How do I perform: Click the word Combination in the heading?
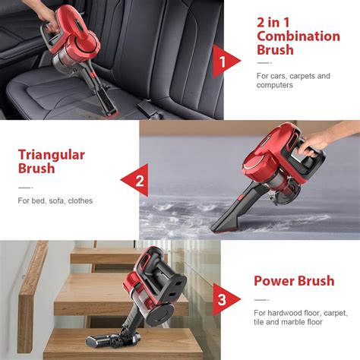coord(298,36)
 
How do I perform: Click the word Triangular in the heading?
coord(52,154)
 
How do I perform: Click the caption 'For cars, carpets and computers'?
coord(292,81)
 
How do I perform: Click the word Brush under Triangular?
coord(36,169)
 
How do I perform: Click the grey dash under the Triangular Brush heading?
coord(25,187)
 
